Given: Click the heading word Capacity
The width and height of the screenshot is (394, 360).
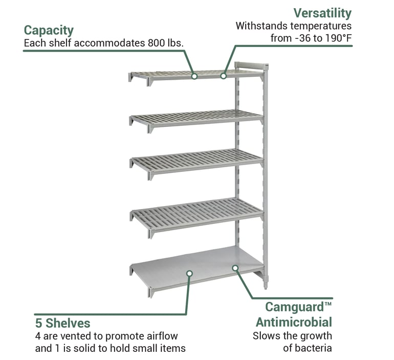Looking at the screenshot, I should click(49, 30).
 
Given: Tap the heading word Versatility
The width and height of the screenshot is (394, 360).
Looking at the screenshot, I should click(322, 13).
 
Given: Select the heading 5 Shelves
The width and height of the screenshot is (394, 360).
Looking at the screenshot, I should click(62, 323).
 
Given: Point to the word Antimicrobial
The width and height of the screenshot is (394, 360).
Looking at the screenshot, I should click(294, 322).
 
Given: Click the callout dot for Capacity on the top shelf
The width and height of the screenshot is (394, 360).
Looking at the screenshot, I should click(194, 76).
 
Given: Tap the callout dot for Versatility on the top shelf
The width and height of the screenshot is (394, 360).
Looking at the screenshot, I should click(223, 76).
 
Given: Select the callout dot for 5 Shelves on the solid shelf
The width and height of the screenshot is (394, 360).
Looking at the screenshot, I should click(188, 274).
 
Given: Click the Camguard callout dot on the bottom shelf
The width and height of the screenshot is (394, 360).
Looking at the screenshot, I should click(235, 267).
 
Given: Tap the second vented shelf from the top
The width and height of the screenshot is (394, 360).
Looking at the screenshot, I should click(197, 118).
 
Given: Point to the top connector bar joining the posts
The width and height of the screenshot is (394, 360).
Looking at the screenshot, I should click(251, 66).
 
